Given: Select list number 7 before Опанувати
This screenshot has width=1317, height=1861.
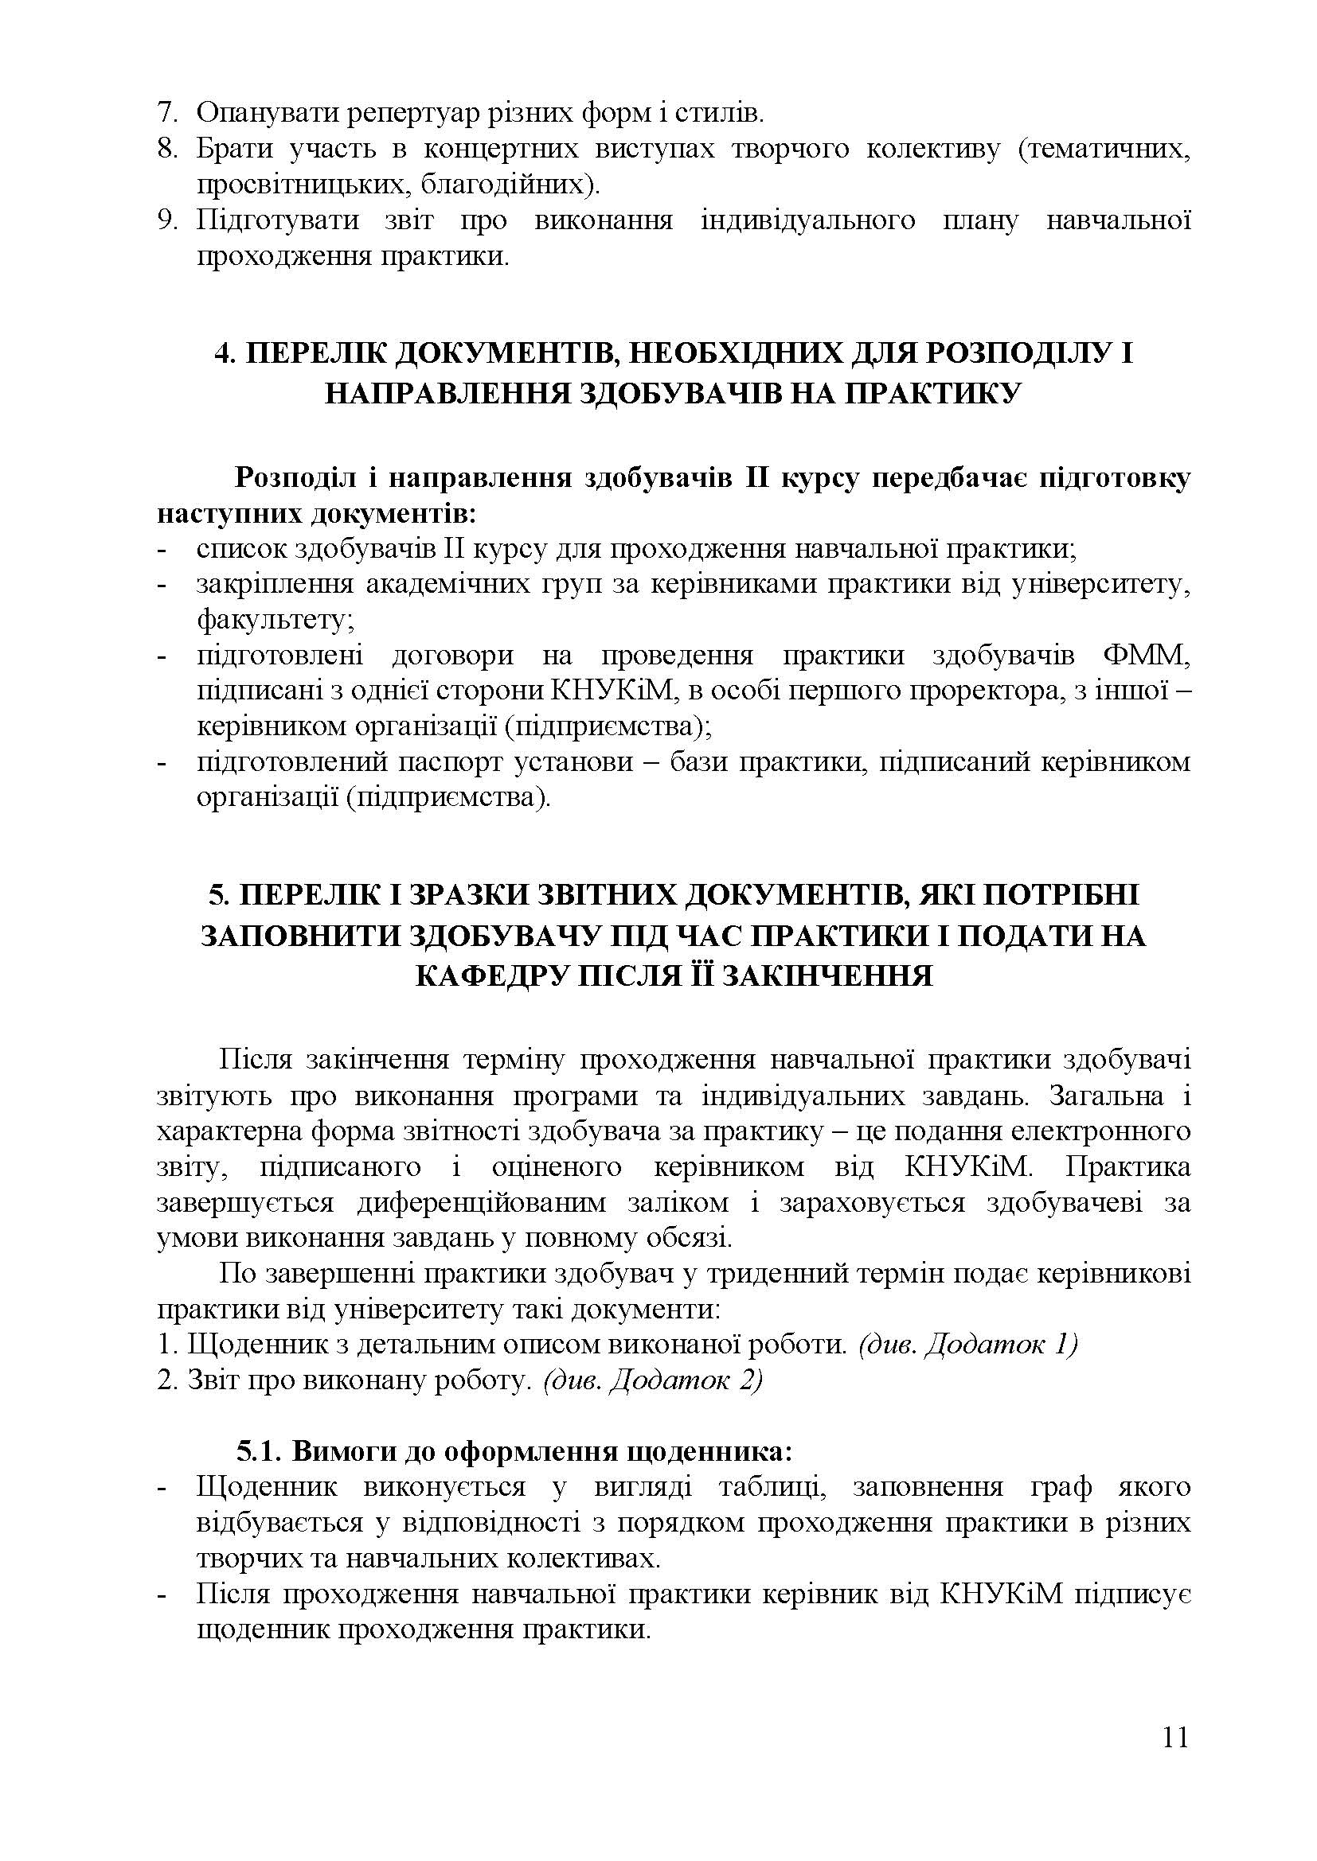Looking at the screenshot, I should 166,113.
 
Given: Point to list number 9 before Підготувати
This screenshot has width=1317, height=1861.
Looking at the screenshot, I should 166,220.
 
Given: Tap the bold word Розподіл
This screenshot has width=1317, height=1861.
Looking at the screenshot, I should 295,478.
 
